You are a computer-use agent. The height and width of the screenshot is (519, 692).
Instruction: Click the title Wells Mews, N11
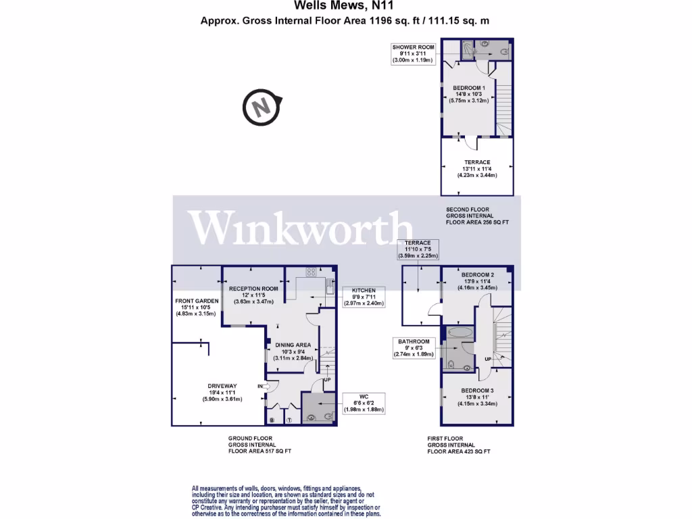[345, 7]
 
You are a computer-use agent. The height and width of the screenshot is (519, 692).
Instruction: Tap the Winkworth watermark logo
[301, 228]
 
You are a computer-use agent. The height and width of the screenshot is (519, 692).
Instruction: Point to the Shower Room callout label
[413, 53]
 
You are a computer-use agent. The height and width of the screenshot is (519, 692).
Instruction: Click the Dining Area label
[293, 351]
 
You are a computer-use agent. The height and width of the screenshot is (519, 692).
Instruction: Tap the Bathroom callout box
[414, 347]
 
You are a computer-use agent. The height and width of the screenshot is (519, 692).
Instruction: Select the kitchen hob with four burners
[312, 272]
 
